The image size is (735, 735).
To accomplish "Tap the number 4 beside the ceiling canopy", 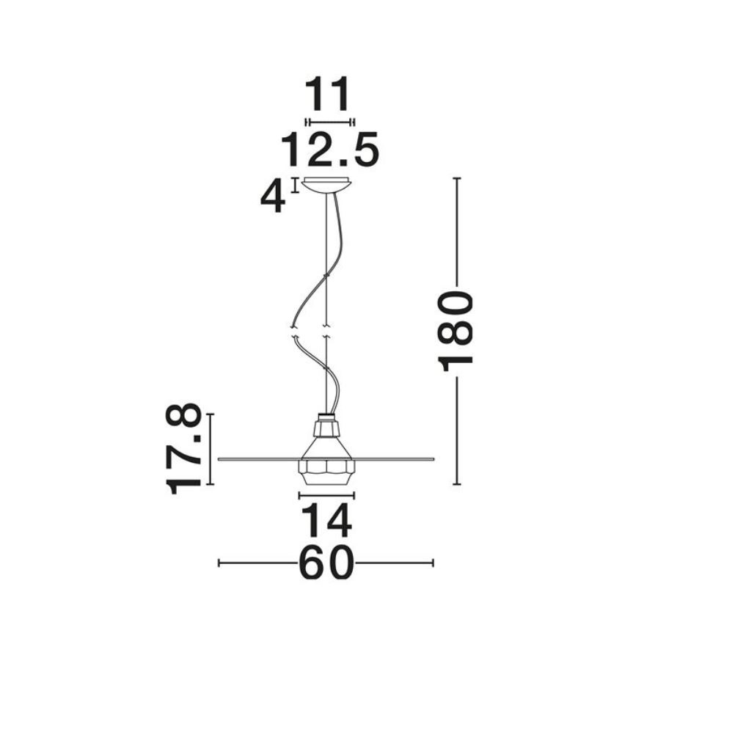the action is (273, 198).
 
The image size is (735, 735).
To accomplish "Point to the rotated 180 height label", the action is (455, 331).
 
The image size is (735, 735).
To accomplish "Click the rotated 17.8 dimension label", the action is (183, 449).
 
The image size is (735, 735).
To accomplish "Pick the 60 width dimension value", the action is (326, 563).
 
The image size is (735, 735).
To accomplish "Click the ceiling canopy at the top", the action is (326, 184).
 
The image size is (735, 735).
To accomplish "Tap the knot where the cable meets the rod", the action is (326, 277).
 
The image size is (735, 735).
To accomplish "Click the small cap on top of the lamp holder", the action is (326, 417).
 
